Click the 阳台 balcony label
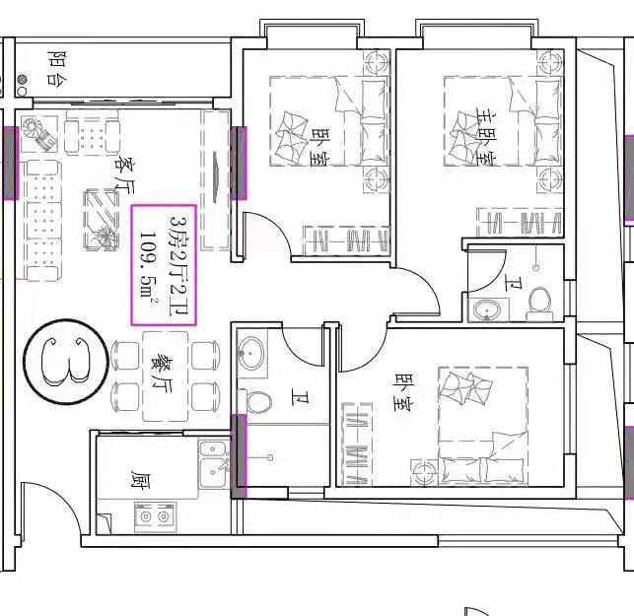click(x=57, y=68)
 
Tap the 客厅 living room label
click(x=123, y=175)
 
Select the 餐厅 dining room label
click(x=162, y=375)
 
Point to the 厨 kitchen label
click(x=140, y=479)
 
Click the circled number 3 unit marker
click(x=66, y=362)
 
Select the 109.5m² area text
click(x=148, y=264)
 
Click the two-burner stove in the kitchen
click(x=155, y=516)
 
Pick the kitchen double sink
click(x=214, y=464)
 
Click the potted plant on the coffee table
click(x=106, y=236)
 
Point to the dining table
click(x=166, y=376)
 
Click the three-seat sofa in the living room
click(x=42, y=221)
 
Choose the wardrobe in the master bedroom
click(x=520, y=222)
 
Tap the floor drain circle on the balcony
click(x=23, y=79)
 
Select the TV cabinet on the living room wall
click(x=216, y=179)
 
